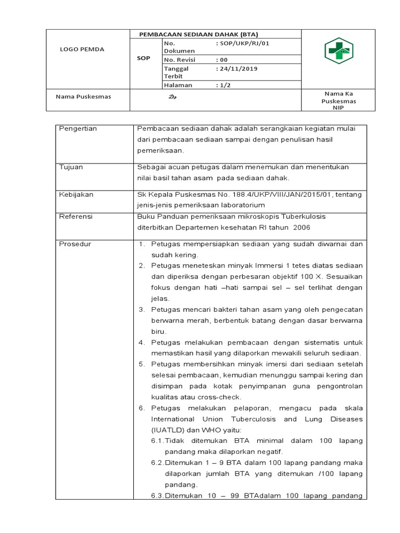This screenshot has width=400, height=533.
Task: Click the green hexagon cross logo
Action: tap(339, 50)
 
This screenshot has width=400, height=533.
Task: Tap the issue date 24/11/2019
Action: tap(238, 68)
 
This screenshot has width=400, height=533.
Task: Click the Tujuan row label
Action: tap(71, 167)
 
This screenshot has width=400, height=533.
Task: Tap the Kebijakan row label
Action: tap(76, 194)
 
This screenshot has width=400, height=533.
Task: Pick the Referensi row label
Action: tap(76, 216)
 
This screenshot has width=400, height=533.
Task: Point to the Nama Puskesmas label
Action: tap(83, 96)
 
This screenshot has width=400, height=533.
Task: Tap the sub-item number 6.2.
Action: tap(157, 463)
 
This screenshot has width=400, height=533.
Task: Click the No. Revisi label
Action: tap(179, 60)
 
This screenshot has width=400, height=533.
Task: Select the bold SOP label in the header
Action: tap(143, 58)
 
